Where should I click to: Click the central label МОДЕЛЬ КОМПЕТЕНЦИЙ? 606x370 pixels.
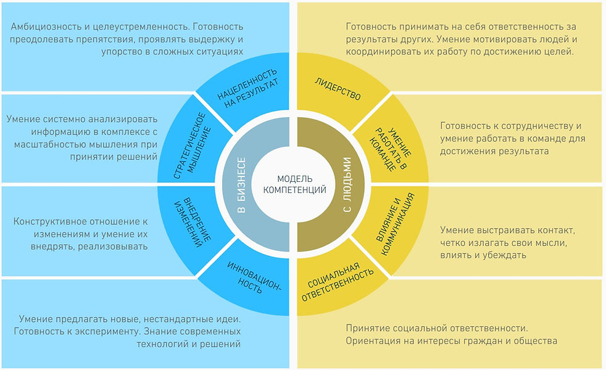click(294, 184)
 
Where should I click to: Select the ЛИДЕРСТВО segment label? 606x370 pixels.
click(338, 89)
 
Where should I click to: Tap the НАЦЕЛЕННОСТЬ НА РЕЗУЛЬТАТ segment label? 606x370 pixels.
click(247, 88)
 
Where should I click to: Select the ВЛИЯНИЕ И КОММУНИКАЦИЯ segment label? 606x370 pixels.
click(395, 224)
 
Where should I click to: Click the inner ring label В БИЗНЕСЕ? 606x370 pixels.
click(241, 185)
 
